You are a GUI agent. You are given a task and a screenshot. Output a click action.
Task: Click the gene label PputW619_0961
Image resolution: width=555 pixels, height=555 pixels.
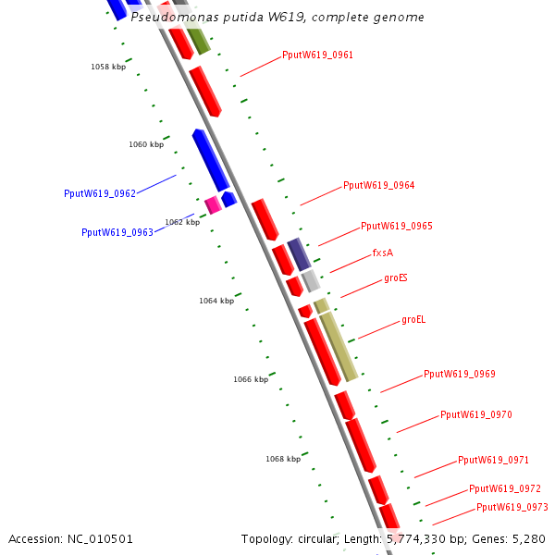[317, 55]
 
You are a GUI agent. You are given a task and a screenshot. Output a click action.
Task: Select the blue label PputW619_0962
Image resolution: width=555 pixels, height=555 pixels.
[100, 193]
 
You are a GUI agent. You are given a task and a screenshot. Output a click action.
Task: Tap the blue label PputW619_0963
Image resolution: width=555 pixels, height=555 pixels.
[117, 232]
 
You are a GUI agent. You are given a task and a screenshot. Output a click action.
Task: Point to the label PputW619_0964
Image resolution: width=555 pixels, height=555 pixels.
[378, 185]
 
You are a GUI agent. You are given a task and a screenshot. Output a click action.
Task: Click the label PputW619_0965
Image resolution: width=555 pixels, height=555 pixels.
[396, 226]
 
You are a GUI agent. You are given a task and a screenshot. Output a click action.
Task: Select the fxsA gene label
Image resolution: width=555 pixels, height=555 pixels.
[383, 253]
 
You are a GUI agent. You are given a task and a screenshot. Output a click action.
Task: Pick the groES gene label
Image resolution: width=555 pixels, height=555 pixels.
[396, 277]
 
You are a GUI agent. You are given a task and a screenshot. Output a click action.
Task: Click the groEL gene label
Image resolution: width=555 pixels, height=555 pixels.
[413, 320]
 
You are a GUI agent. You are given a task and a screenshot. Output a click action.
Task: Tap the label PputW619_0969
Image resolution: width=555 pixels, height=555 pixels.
[460, 374]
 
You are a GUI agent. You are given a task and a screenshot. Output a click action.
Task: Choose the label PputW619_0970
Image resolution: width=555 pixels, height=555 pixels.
[475, 414]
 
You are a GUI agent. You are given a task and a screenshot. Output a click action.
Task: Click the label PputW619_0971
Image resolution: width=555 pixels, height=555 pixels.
[493, 460]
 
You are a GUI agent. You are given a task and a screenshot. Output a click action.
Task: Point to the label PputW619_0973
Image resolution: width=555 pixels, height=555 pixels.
[512, 507]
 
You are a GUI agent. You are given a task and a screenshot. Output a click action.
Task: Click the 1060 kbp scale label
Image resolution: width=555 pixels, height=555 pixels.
[146, 145]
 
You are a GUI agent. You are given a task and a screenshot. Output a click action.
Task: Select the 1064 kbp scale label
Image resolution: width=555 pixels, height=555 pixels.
[216, 301]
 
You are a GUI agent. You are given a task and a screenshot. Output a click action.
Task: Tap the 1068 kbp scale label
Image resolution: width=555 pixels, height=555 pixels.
[283, 459]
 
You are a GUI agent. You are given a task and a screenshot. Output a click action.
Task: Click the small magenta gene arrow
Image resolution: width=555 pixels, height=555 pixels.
[213, 204]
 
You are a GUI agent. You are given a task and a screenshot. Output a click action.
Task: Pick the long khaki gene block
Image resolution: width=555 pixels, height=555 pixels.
[339, 346]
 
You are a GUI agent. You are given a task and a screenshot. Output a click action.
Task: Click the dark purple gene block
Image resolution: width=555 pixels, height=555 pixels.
[298, 253]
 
